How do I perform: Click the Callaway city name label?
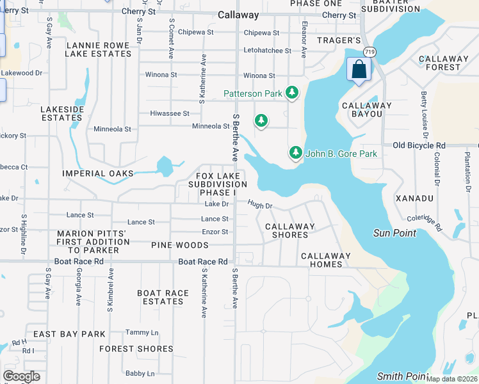tap(238, 15)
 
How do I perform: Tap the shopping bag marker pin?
tap(359, 70)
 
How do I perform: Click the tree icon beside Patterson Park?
tap(292, 93)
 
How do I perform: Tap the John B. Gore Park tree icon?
tap(295, 153)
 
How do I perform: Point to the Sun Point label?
tap(394, 233)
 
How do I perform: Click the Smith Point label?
tap(402, 376)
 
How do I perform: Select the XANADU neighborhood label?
tap(414, 198)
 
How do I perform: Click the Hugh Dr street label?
tap(260, 205)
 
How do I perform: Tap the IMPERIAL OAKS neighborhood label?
tap(98, 173)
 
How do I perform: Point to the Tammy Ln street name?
tap(142, 332)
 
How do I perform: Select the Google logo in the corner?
tap(21, 376)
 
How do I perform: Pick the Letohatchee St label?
tap(266, 51)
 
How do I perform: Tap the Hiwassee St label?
tap(169, 113)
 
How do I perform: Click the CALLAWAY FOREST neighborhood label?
tap(439, 63)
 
